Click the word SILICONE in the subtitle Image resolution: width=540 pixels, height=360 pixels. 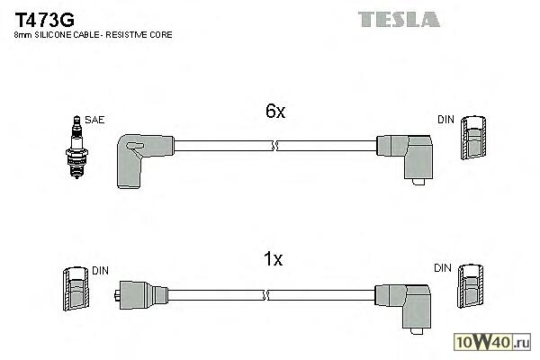point(56,34)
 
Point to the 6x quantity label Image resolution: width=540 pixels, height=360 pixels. point(274,112)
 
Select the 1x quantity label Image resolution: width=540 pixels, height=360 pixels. point(274,260)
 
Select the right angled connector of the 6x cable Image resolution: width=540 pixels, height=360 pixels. point(406,155)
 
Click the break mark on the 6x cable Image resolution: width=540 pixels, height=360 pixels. point(274,144)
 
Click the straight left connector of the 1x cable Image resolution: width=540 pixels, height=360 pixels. point(138,293)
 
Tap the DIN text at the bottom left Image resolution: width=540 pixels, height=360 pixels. point(101,270)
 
